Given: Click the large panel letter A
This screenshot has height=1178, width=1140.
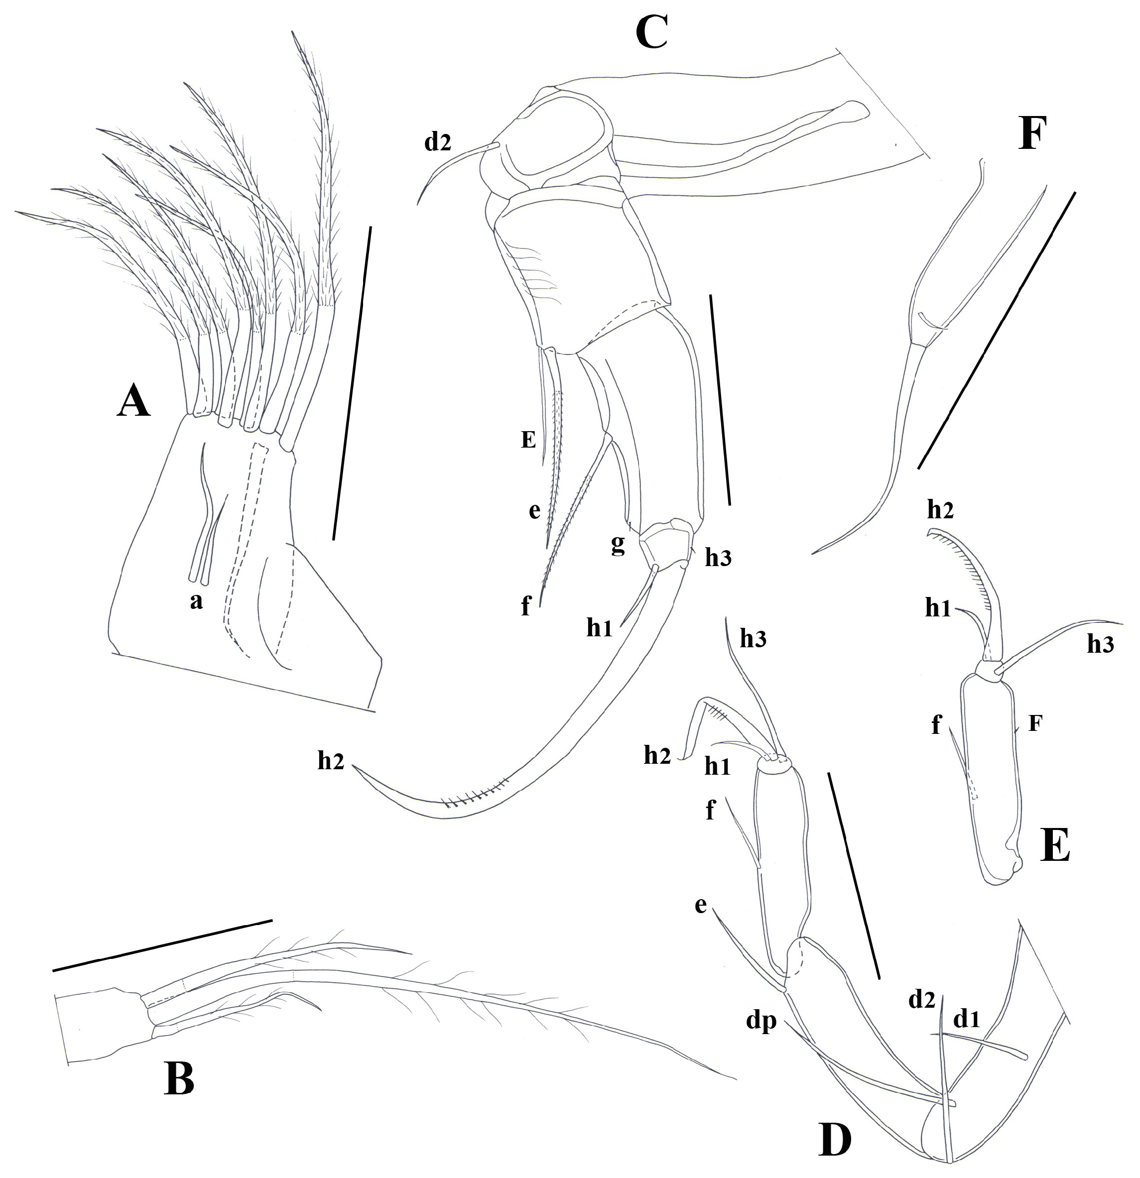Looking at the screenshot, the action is tap(133, 401).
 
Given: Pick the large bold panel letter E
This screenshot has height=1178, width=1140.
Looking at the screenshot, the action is tap(1056, 847).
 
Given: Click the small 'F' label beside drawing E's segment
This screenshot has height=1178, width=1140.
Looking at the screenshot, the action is tap(1034, 723).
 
